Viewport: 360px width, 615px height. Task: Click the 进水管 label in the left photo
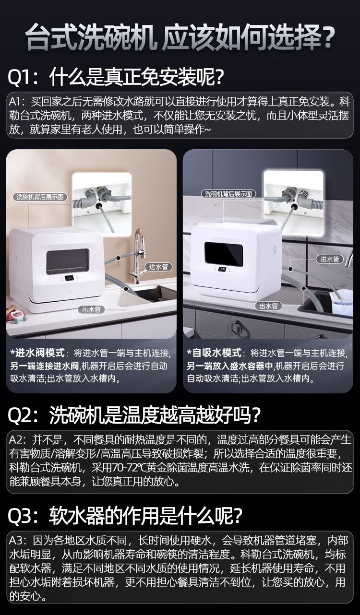(158, 267)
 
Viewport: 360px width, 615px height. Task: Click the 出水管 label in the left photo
(92, 310)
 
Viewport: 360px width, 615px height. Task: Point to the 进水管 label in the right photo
(329, 259)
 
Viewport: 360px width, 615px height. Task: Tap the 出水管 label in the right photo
(268, 306)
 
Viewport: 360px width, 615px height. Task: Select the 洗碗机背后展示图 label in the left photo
(40, 197)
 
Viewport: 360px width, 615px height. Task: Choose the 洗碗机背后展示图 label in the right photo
(228, 194)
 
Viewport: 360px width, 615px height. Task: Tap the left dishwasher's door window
(68, 261)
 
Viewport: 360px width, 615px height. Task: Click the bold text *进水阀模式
(37, 353)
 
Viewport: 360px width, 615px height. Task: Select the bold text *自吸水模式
(215, 353)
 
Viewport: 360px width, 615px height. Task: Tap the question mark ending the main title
(328, 37)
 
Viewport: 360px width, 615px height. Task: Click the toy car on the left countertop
(17, 314)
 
